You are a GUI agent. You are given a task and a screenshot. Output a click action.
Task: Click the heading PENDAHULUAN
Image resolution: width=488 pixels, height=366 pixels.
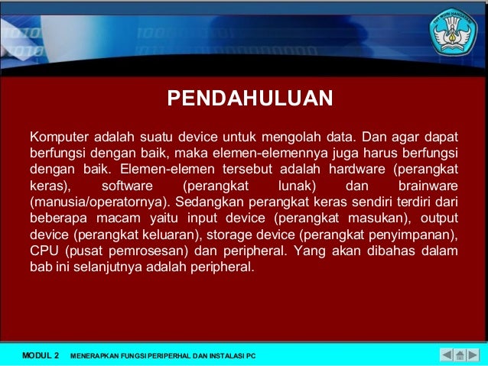(x=249, y=99)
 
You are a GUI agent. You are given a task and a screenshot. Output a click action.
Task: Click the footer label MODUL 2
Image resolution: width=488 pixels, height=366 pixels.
(x=41, y=355)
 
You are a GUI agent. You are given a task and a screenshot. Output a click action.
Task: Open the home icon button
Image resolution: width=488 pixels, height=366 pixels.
(x=460, y=355)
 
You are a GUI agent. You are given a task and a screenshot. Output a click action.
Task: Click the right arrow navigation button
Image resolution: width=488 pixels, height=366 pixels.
(x=473, y=355)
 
